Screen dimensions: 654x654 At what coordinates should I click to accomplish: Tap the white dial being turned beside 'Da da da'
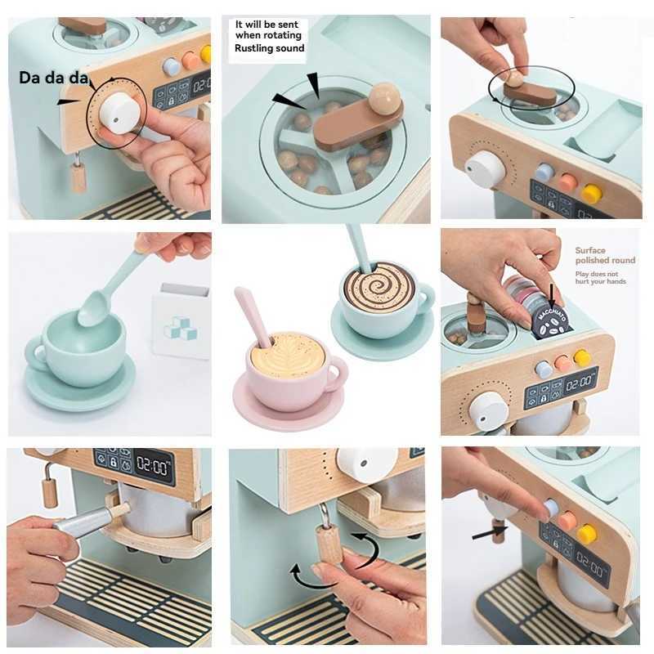click(116, 114)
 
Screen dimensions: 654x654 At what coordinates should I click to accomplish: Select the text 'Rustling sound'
click(269, 48)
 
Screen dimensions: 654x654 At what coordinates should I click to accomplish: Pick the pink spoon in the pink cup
click(253, 315)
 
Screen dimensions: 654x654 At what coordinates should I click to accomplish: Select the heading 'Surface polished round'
click(604, 256)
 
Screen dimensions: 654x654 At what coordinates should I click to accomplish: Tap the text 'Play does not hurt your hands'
click(602, 278)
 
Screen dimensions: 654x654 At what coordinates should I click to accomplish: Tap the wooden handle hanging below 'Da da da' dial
click(78, 175)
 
